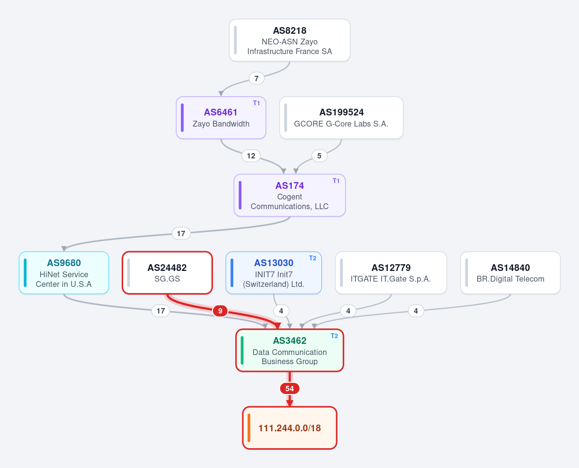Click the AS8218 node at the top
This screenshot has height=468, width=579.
tap(290, 40)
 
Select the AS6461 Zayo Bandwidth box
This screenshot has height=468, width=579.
tap(221, 118)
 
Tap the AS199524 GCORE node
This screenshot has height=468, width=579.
tap(341, 118)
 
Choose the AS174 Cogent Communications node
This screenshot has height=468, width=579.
tap(290, 196)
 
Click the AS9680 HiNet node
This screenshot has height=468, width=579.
tap(64, 273)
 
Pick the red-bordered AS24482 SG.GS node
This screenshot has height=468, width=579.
tap(167, 273)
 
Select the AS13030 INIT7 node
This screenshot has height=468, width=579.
tap(274, 273)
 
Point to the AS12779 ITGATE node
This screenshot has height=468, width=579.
tap(391, 273)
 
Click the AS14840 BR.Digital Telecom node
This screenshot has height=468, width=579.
tap(510, 273)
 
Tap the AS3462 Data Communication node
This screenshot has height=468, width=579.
tap(290, 351)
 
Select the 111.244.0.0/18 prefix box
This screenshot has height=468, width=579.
tap(290, 428)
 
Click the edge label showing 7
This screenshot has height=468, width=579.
tap(256, 78)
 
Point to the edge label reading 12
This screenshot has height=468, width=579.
tap(251, 156)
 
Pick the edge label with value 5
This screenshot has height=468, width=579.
tap(319, 156)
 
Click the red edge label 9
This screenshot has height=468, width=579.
tap(220, 311)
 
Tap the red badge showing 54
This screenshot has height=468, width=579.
tap(290, 389)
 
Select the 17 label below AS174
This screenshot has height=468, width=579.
tap(181, 233)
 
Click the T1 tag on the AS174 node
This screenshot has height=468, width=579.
tap(336, 181)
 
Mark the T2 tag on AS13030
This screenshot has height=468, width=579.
tap(312, 258)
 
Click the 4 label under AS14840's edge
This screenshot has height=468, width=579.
tap(416, 311)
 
